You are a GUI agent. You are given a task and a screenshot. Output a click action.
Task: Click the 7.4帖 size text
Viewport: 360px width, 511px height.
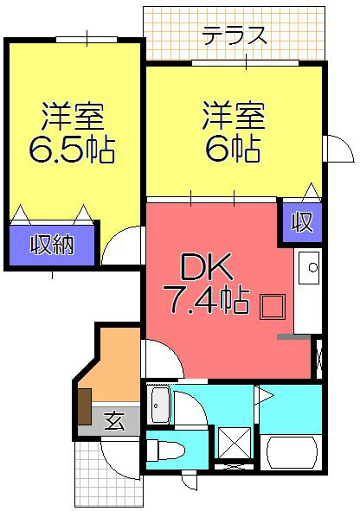tap(206, 302)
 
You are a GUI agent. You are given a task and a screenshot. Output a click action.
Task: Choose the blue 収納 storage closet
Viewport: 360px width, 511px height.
tap(52, 245)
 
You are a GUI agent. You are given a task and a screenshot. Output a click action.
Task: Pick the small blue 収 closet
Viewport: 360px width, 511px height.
tap(300, 223)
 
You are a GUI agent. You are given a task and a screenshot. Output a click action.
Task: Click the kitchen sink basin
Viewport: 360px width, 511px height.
tap(309, 267)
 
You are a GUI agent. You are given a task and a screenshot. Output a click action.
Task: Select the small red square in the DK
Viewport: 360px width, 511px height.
tap(273, 306)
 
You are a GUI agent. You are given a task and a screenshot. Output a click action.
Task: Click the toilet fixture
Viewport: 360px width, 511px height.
tap(166, 450)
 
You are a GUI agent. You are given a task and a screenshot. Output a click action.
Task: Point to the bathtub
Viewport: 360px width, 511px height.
tap(293, 453)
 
